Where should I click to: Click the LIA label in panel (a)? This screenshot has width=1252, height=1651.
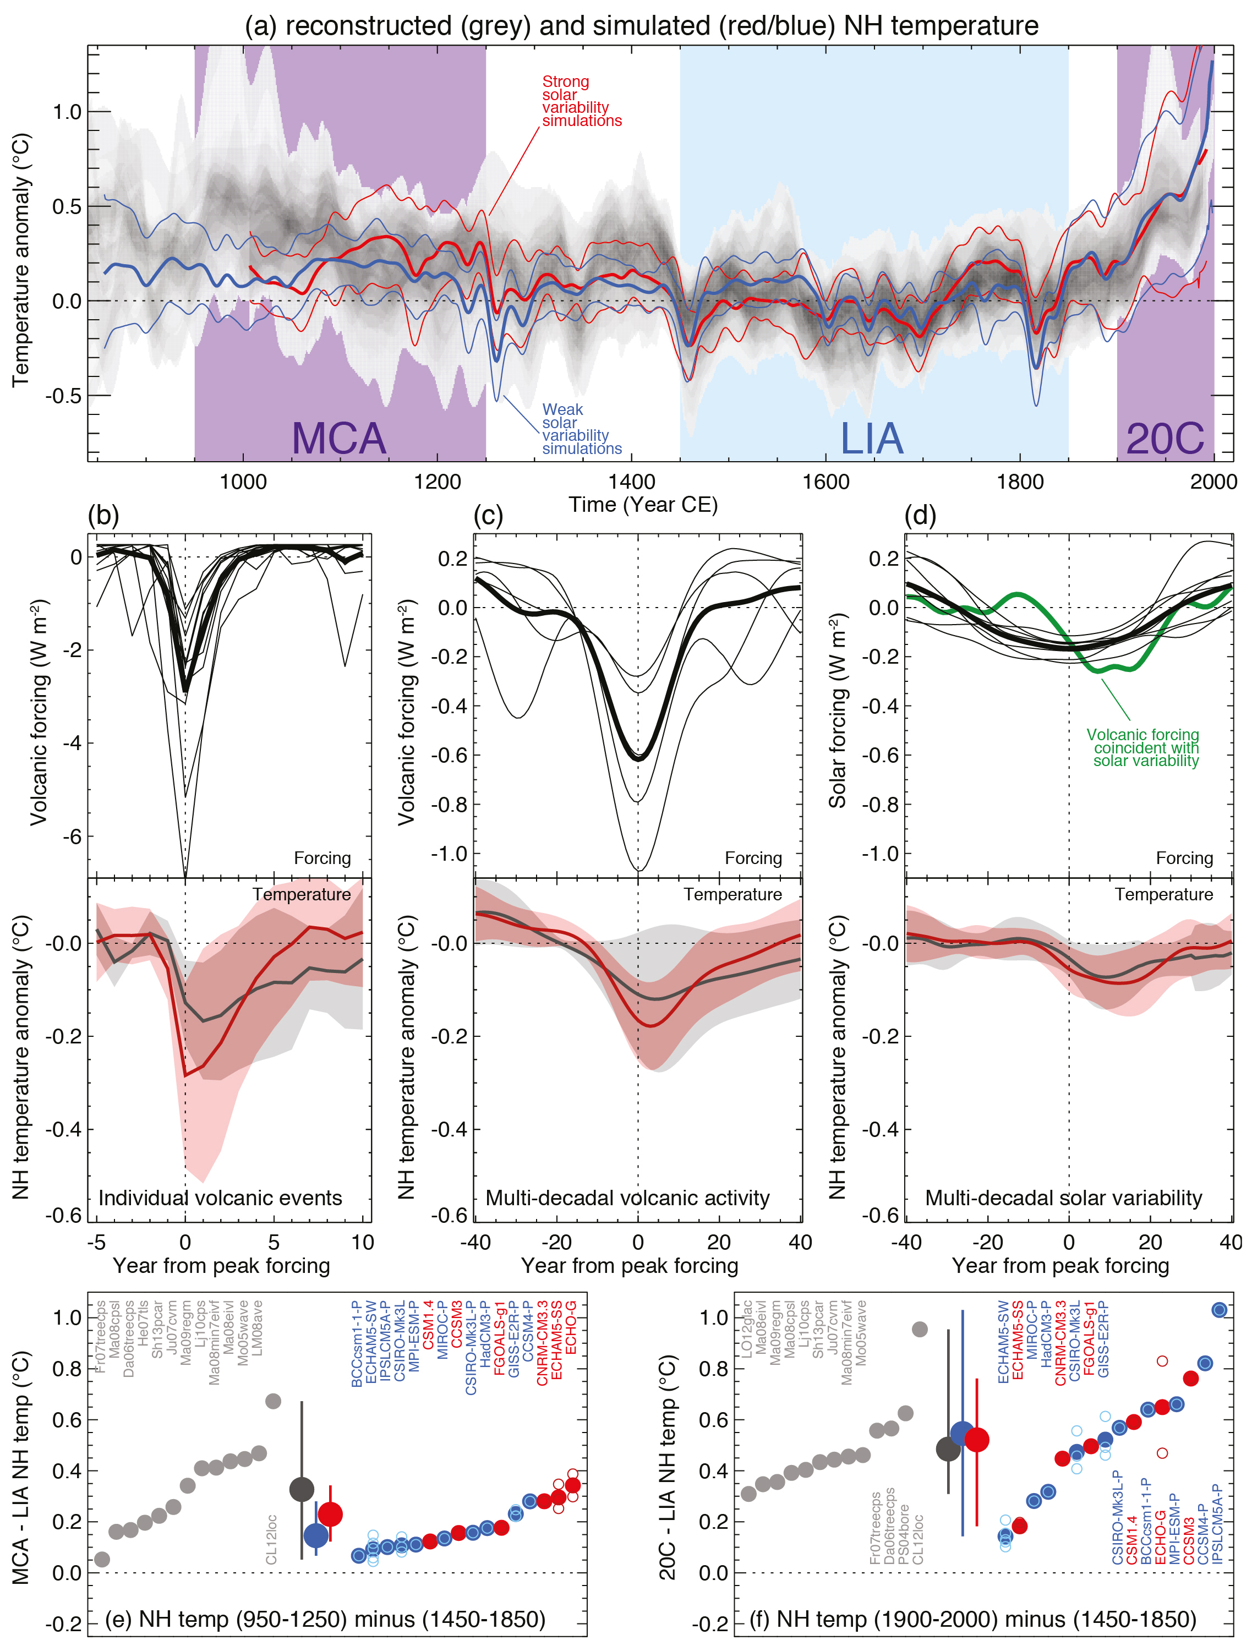click(x=871, y=438)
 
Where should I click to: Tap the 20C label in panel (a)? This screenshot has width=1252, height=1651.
click(x=1164, y=438)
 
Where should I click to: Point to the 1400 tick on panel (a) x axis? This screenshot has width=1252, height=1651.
click(x=632, y=482)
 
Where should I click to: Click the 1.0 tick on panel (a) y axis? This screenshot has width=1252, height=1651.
click(x=67, y=112)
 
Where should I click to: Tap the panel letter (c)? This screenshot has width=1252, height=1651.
click(x=488, y=515)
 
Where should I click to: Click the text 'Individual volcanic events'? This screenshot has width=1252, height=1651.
click(x=220, y=1198)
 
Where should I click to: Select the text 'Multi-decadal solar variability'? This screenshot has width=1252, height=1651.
click(x=1063, y=1198)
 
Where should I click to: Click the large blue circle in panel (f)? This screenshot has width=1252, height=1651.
click(x=963, y=1433)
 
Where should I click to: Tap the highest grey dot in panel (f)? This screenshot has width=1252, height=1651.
click(x=920, y=1329)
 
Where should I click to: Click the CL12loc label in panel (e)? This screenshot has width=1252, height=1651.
click(x=271, y=1539)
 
